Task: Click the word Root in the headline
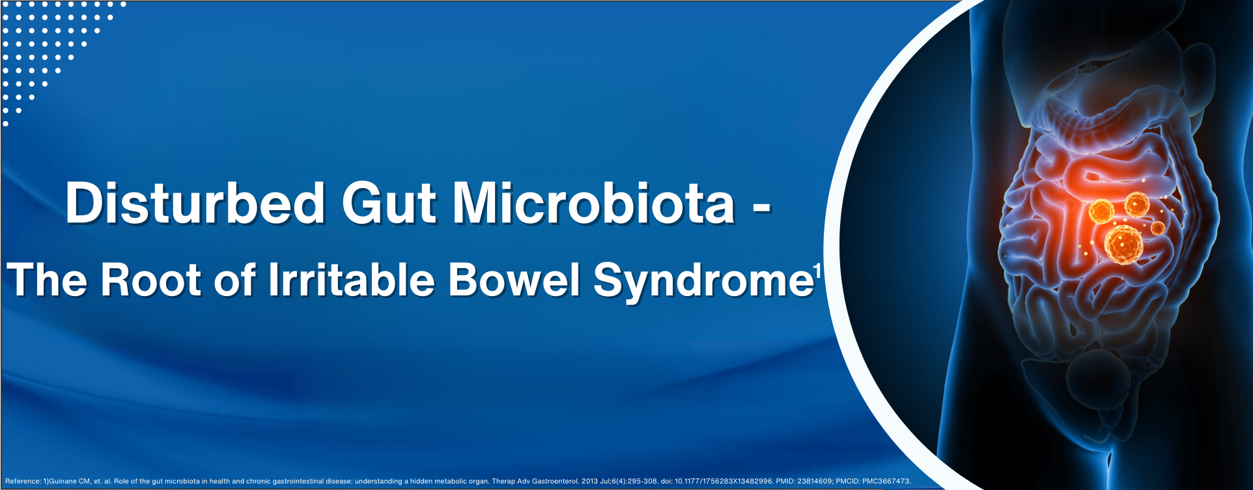[x=150, y=280]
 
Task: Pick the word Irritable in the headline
[x=351, y=280]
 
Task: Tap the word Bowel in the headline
[x=514, y=280]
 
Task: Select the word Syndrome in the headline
[x=703, y=282]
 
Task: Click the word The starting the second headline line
[x=48, y=280]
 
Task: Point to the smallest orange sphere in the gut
[x=1157, y=228]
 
